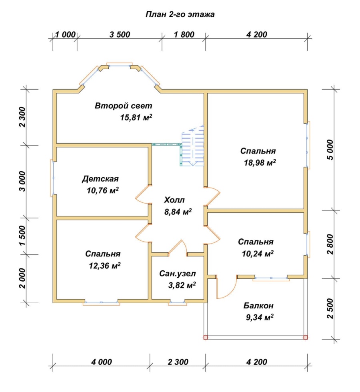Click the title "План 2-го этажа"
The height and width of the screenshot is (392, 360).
[x=180, y=14]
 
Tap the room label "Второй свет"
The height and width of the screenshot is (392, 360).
[x=123, y=106]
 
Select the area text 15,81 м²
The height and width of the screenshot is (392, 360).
[x=136, y=117]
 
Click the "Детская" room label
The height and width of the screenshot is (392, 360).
[x=100, y=179]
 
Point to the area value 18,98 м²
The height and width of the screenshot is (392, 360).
[x=260, y=163]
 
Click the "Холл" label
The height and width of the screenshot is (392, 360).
[x=174, y=200]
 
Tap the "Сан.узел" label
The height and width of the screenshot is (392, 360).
[x=178, y=274]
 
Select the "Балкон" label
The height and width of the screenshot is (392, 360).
[x=258, y=306]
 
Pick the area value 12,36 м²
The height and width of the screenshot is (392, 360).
[x=105, y=266]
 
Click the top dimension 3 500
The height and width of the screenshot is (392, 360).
[x=120, y=34]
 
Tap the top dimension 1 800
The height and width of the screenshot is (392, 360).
[x=184, y=34]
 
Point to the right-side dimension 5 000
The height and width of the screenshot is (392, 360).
[x=330, y=150]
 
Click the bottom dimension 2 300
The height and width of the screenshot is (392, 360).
[x=178, y=362]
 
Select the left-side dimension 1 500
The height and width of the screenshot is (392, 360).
[x=22, y=236]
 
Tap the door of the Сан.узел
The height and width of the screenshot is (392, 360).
[x=178, y=248]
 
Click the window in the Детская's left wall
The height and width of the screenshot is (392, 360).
[x=53, y=178]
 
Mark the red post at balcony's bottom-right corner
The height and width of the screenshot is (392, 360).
[x=305, y=338]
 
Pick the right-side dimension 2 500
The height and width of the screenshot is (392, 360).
[x=330, y=309]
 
